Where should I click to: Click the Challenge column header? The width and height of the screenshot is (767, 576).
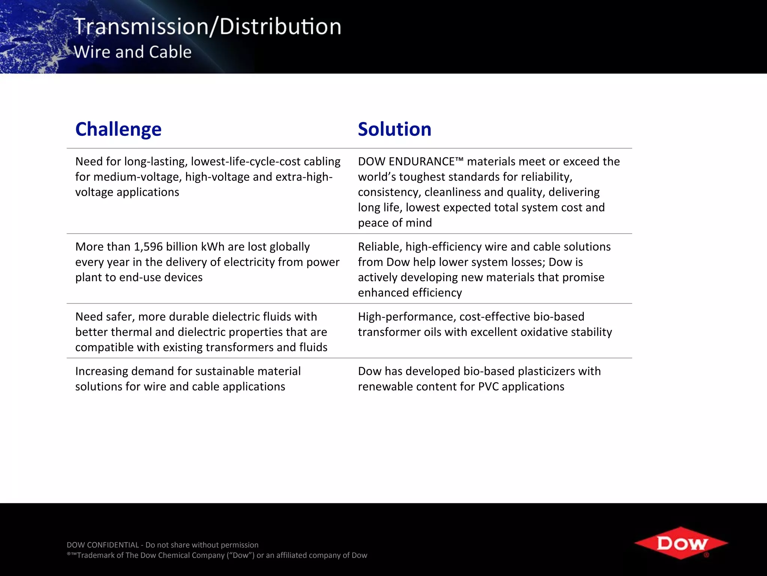(x=118, y=129)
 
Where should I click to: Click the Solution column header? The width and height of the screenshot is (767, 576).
(x=394, y=129)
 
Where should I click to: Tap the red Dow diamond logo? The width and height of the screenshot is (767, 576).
(x=681, y=543)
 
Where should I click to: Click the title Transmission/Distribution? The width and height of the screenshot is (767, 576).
(x=207, y=27)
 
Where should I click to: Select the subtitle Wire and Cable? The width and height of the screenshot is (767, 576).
(x=133, y=52)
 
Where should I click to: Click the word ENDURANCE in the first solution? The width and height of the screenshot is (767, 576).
(x=422, y=162)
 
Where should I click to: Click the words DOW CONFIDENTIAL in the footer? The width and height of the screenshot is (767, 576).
(x=103, y=545)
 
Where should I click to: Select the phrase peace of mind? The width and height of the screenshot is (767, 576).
(x=395, y=223)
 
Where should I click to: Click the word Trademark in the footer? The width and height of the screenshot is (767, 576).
(x=96, y=555)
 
